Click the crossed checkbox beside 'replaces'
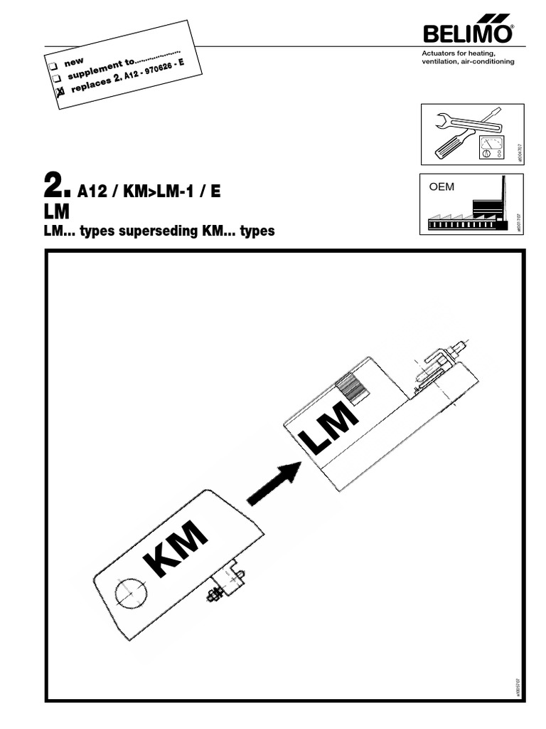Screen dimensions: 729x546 tap(60, 91)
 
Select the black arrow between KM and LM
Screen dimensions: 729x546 tap(274, 481)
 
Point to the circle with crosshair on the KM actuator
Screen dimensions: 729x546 tap(132, 592)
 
